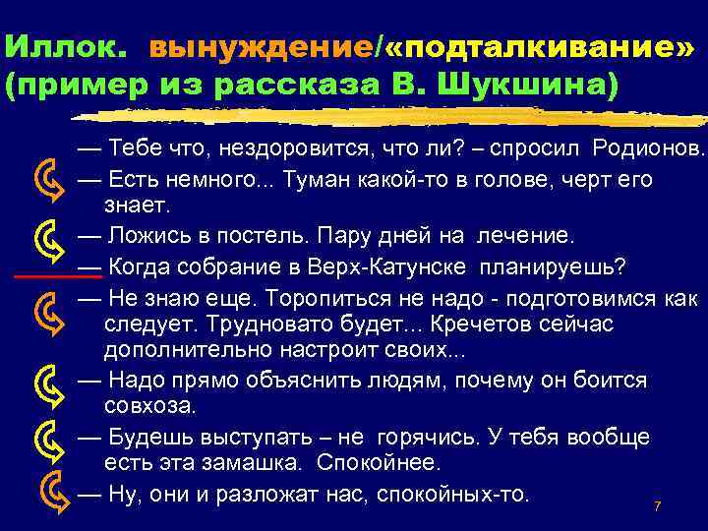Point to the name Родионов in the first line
[x=648, y=150]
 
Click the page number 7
[x=657, y=506]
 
